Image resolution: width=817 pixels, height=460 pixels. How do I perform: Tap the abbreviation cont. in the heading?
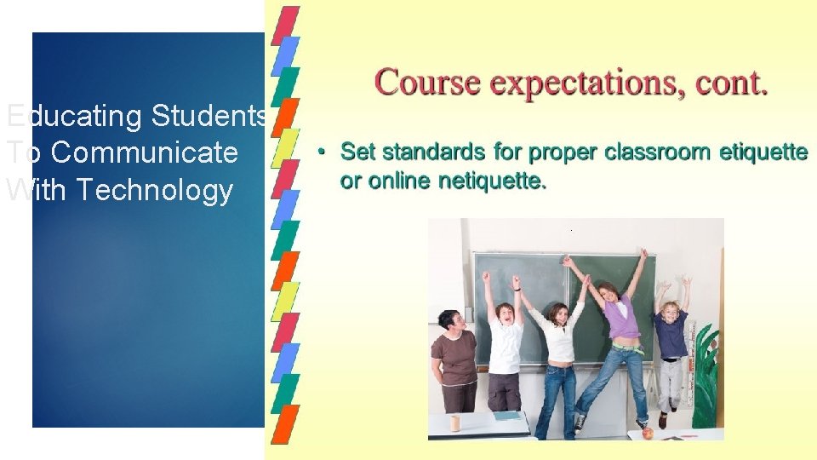(732, 83)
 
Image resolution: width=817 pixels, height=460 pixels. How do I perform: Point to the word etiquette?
(763, 153)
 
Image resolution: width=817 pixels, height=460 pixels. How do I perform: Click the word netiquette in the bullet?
(492, 181)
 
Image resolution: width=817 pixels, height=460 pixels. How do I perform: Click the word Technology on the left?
(154, 191)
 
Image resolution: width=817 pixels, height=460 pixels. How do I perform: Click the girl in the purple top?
(620, 341)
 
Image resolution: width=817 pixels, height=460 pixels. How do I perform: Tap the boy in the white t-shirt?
(506, 349)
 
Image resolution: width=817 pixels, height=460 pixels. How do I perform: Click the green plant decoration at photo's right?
(706, 375)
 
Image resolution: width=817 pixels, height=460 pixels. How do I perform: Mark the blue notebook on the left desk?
(507, 416)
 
